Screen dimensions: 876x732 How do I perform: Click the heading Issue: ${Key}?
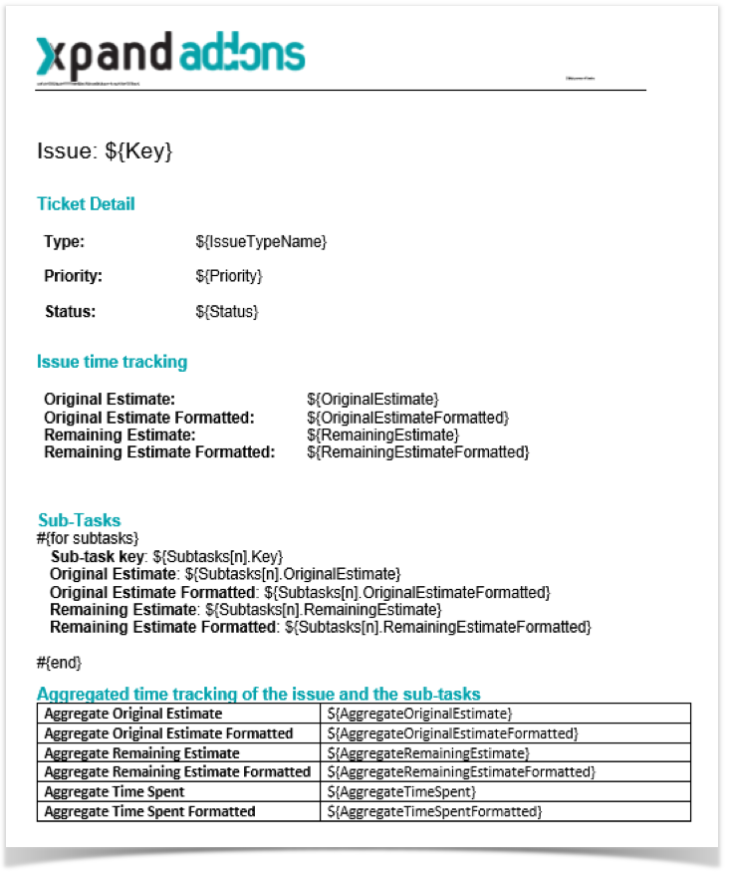(105, 151)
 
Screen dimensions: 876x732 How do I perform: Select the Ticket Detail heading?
(86, 204)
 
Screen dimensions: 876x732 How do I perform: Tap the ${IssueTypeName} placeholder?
(261, 242)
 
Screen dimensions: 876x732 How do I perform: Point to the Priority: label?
(74, 276)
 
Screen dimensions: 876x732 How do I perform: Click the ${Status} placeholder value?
(227, 312)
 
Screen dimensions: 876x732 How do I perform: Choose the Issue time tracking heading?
(112, 362)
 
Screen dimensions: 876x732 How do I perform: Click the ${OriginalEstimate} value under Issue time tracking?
(372, 399)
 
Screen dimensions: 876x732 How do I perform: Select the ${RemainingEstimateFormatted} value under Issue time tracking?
(417, 452)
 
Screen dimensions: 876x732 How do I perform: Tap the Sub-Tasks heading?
(80, 520)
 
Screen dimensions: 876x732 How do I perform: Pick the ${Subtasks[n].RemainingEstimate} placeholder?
(322, 609)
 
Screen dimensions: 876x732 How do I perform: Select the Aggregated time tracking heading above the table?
(259, 694)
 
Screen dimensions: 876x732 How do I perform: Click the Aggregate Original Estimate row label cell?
(133, 715)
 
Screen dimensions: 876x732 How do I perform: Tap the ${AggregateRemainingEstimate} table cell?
(428, 753)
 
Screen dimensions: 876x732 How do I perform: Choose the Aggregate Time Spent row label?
(115, 792)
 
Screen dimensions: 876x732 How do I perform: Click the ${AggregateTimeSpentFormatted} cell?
(434, 812)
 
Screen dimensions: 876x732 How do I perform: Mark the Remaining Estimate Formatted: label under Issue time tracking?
(159, 452)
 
